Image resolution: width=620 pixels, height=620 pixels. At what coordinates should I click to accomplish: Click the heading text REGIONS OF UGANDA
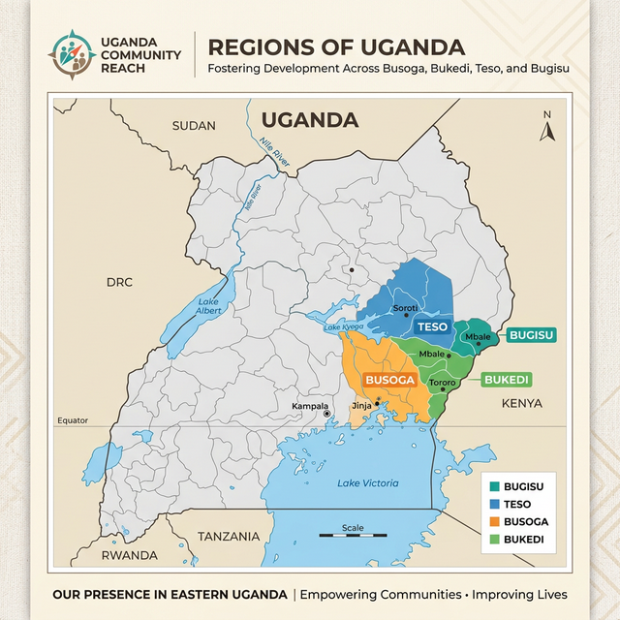point(336,46)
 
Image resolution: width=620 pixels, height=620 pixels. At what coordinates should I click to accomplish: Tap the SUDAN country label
point(194,126)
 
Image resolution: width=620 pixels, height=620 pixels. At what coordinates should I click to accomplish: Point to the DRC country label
point(119,282)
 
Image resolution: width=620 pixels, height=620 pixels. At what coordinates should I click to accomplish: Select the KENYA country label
point(521,402)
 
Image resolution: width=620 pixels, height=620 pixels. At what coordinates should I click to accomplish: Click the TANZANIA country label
point(229,536)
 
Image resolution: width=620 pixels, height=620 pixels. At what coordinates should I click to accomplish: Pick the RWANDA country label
point(129,555)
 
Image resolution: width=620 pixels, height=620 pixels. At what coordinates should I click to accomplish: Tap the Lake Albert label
point(208,306)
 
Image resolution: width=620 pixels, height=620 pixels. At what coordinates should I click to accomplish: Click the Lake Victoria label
point(367,482)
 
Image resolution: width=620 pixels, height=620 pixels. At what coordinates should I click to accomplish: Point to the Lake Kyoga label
point(343,327)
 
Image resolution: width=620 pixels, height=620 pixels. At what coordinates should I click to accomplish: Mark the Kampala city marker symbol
point(327,414)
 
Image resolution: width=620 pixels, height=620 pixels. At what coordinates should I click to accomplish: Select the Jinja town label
point(360,405)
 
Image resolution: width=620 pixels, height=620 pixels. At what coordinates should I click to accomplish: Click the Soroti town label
point(405,308)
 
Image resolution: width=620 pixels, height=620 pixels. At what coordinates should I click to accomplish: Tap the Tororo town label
point(442,384)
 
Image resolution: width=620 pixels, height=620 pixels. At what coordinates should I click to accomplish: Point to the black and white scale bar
point(353,536)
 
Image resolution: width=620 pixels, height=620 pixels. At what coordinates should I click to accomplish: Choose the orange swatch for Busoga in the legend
point(496,521)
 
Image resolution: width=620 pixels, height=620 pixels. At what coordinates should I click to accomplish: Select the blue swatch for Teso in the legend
point(496,504)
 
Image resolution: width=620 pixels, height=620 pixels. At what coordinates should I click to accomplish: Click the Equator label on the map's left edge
point(73,420)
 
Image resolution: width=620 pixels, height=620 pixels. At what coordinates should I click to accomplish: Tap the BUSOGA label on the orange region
point(387,380)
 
